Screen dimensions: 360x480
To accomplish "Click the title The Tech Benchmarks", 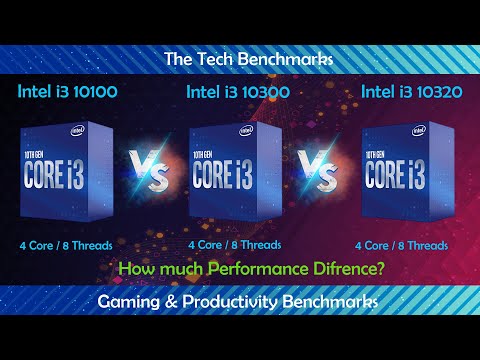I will point(240,58).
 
